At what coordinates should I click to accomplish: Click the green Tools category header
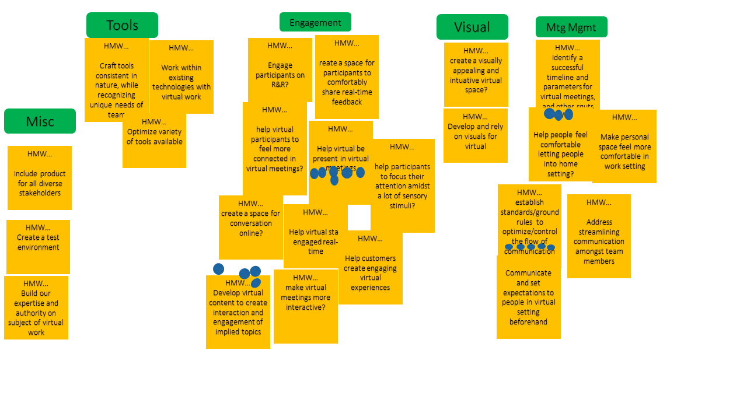tap(122, 25)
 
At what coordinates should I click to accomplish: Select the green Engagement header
tap(315, 22)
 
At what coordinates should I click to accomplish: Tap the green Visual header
tap(472, 27)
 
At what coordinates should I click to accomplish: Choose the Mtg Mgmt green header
tap(571, 27)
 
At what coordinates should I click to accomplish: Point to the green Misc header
tap(40, 121)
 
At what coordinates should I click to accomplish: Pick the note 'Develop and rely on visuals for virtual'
tap(475, 135)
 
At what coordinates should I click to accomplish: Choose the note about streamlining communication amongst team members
tap(599, 236)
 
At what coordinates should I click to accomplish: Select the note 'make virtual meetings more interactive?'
tap(305, 306)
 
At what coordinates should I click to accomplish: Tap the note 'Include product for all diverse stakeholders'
tap(40, 178)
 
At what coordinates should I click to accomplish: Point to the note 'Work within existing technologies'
tap(181, 77)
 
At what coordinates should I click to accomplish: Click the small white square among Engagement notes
tap(359, 217)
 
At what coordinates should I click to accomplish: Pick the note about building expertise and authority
tap(36, 308)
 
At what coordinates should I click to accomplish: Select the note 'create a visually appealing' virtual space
tap(476, 75)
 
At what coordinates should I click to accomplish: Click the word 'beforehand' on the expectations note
tap(528, 322)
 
